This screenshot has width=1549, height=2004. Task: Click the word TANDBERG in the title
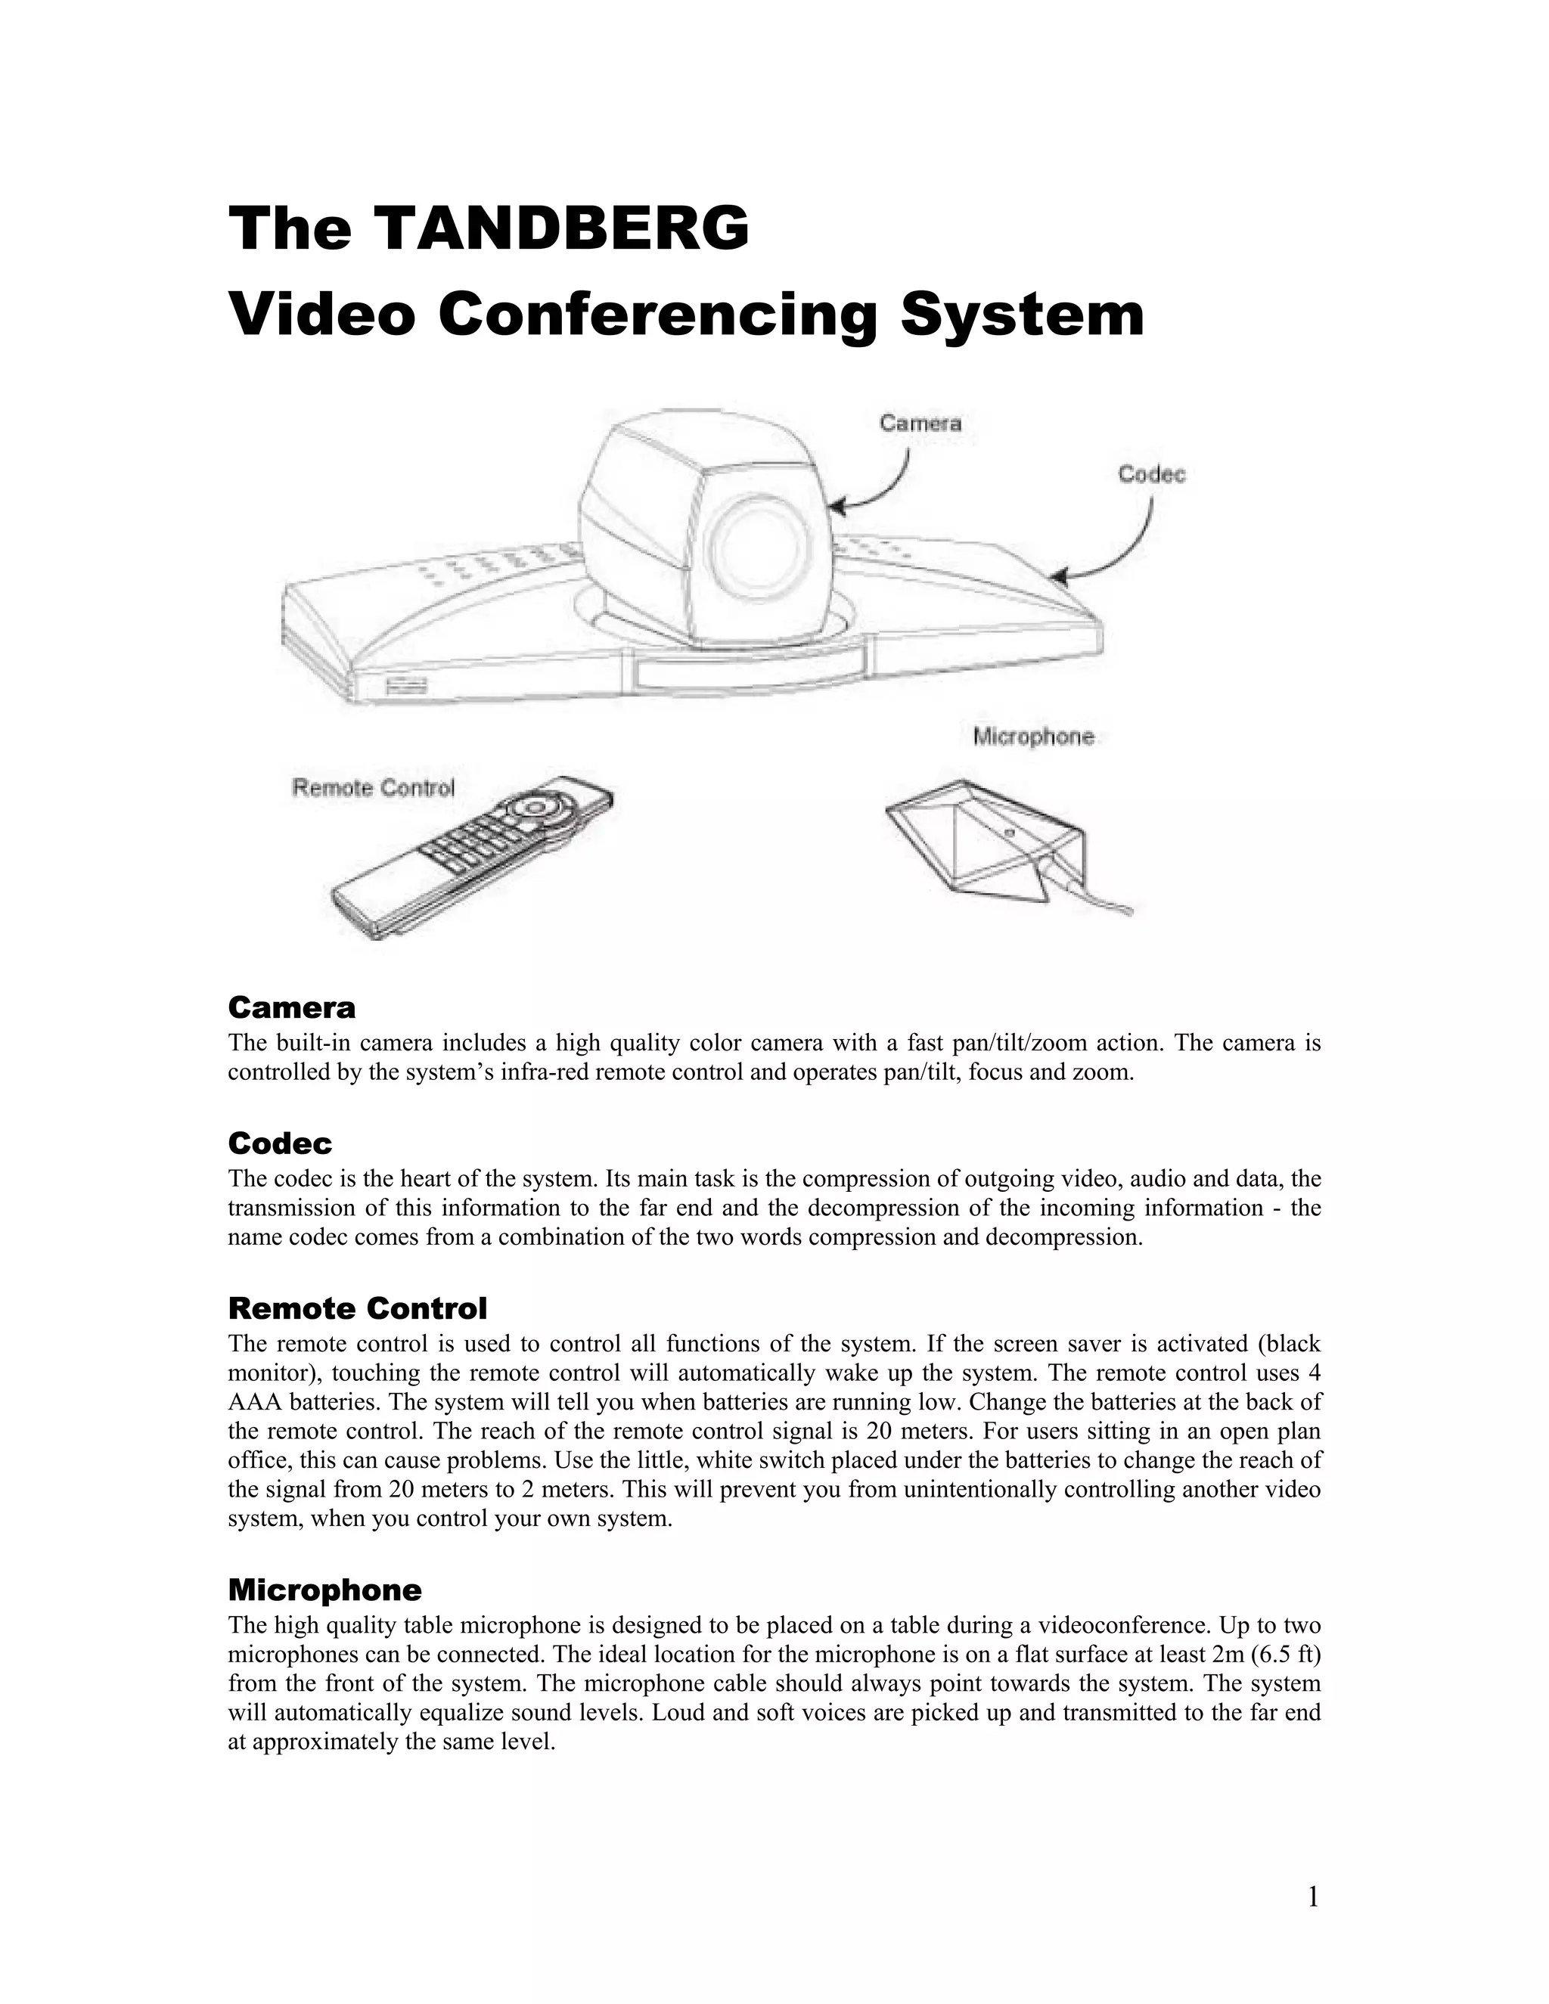[x=563, y=228]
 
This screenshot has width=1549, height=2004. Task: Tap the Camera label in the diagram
[x=920, y=423]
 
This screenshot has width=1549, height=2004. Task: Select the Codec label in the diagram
[x=1150, y=474]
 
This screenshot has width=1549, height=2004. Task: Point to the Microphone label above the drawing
[x=1033, y=737]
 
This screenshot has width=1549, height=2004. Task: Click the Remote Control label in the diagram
[x=373, y=788]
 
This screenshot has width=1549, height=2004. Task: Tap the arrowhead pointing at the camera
[x=837, y=506]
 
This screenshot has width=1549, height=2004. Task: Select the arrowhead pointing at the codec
[x=1060, y=577]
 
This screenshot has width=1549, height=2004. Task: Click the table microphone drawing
[x=982, y=835]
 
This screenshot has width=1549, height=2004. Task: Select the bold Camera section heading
[x=291, y=1007]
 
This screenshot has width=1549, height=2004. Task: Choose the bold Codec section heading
[x=280, y=1143]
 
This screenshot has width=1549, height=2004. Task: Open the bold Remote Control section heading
[x=357, y=1308]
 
